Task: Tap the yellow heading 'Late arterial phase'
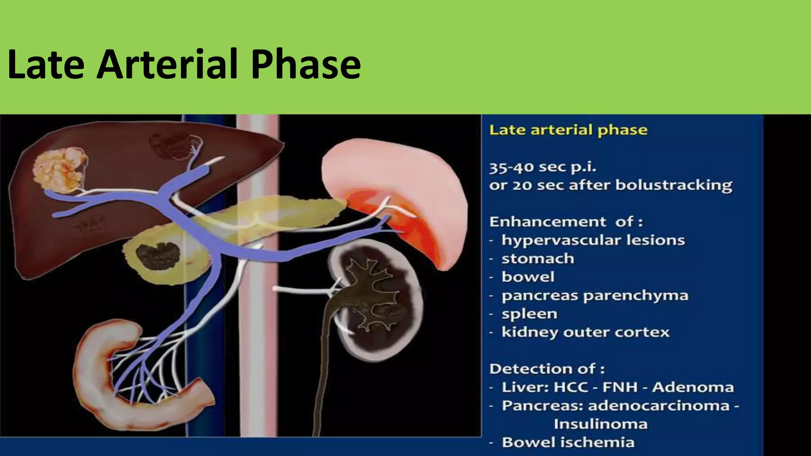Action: click(568, 130)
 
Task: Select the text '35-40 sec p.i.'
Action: click(543, 167)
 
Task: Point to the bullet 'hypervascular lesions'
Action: click(593, 240)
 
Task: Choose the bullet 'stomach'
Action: click(537, 258)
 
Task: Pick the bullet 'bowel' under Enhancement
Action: click(528, 277)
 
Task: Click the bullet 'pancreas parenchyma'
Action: click(595, 295)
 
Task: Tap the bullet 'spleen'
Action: click(529, 313)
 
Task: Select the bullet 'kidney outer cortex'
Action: click(585, 332)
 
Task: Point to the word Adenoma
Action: click(693, 387)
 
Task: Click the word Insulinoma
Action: click(600, 424)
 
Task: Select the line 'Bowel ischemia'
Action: click(568, 442)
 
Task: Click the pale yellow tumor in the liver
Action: click(60, 170)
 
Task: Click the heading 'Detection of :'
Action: click(547, 369)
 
